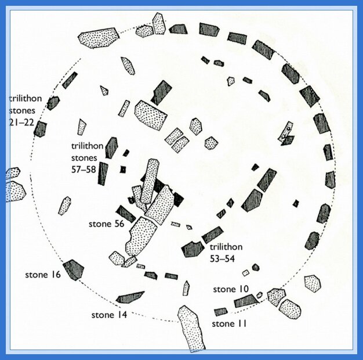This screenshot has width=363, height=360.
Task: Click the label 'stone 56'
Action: (107, 224)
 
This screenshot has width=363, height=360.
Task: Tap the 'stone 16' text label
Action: (43, 275)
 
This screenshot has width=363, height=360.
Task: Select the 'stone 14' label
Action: (109, 315)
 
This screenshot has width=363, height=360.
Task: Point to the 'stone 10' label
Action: (231, 289)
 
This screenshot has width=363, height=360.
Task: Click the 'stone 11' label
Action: (229, 323)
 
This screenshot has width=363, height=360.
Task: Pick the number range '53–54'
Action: (222, 259)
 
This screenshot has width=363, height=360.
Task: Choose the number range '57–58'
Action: (84, 170)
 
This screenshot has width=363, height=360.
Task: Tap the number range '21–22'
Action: (21, 122)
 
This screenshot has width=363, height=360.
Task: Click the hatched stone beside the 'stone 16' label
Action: (73, 269)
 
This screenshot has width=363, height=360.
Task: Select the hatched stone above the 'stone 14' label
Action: (130, 298)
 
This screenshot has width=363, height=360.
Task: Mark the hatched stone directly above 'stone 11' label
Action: (220, 312)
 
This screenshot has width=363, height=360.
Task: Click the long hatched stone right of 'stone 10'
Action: (246, 301)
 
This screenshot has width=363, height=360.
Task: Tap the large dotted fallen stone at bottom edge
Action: (191, 328)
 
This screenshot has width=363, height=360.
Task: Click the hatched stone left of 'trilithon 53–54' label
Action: (193, 249)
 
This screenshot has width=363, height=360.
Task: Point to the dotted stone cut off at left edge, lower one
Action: (15, 192)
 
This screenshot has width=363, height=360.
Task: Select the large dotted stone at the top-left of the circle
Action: (99, 38)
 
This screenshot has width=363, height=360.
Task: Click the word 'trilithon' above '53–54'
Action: (226, 247)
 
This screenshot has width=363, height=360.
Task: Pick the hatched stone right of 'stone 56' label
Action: (126, 214)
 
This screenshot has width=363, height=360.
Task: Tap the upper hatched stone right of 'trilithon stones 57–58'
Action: (111, 147)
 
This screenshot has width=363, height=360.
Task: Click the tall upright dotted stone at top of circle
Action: (159, 24)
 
